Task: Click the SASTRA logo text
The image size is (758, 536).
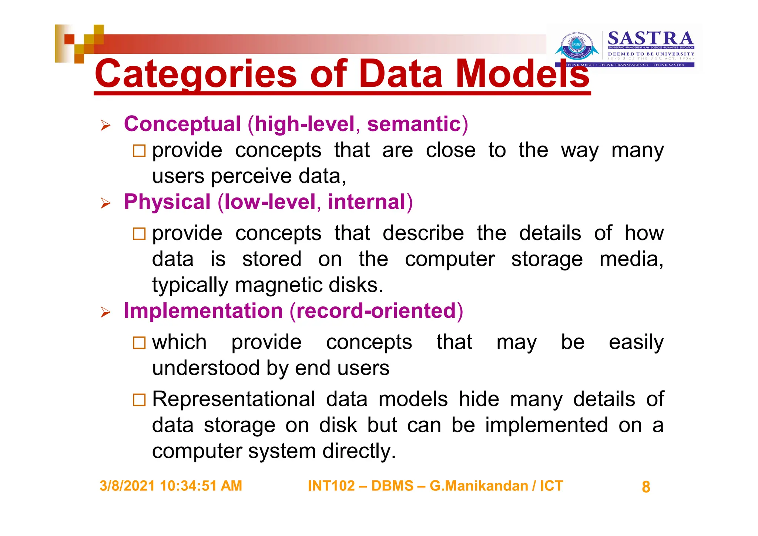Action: click(650, 39)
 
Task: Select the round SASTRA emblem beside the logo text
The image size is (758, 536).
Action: click(577, 47)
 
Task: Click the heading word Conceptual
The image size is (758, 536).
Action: click(182, 124)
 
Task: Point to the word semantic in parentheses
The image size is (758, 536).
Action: click(414, 124)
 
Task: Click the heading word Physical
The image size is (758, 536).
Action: click(167, 202)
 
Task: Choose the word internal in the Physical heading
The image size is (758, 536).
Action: click(367, 202)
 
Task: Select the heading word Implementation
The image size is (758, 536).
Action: click(203, 311)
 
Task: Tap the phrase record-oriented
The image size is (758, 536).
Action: click(376, 311)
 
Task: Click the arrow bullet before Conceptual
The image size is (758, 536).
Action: click(105, 126)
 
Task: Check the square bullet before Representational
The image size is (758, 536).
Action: click(139, 400)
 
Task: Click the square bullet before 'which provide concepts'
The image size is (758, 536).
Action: click(139, 343)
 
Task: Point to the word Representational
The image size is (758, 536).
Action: click(234, 399)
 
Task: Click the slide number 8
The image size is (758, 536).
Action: click(646, 487)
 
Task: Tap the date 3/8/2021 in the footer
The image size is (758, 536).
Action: click(127, 486)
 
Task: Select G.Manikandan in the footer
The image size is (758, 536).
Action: click(479, 486)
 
